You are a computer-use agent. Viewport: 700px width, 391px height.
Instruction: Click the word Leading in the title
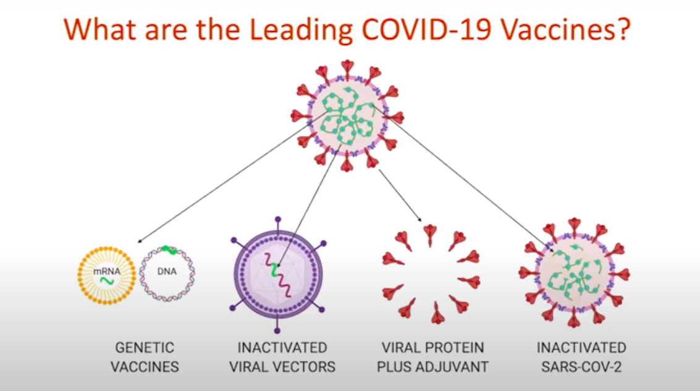tap(300, 30)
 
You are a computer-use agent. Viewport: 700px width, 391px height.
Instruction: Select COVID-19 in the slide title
tap(426, 29)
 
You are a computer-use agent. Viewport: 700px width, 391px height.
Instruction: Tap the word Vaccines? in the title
tap(566, 29)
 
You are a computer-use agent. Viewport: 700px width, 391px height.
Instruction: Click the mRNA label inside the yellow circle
tap(107, 271)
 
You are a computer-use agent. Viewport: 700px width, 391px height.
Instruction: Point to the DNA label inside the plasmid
tap(167, 271)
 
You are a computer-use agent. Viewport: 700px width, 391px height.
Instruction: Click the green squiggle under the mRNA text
tap(107, 280)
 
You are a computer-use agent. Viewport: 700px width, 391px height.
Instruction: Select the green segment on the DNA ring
tap(169, 250)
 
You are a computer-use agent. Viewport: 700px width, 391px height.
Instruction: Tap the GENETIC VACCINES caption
tap(145, 357)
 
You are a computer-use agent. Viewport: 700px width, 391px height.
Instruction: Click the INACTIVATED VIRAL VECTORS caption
tap(282, 357)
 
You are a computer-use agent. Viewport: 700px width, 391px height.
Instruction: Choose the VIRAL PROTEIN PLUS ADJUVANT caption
tap(432, 357)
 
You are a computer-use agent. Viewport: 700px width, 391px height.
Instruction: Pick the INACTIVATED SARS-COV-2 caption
tap(581, 357)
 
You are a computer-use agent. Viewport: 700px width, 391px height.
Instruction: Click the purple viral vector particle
tap(277, 275)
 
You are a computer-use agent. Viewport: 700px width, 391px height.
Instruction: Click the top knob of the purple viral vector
tap(277, 220)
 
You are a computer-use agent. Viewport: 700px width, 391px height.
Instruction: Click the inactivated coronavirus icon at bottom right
tap(574, 273)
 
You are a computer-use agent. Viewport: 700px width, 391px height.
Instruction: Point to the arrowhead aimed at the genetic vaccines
tap(139, 241)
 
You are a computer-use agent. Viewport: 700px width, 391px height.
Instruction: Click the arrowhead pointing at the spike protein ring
tap(419, 220)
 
